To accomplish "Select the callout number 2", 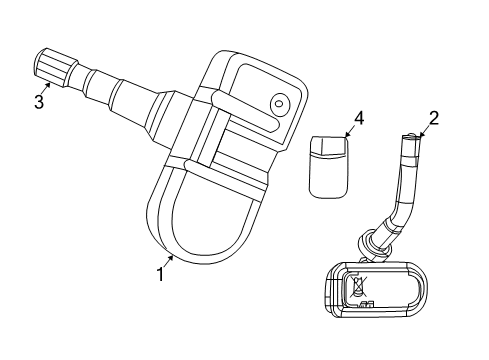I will [x=434, y=119].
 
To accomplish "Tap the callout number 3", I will [x=39, y=100].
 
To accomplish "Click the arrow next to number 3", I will [x=48, y=86].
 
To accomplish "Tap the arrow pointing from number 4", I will [x=350, y=129].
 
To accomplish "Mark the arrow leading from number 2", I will [x=424, y=131].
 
